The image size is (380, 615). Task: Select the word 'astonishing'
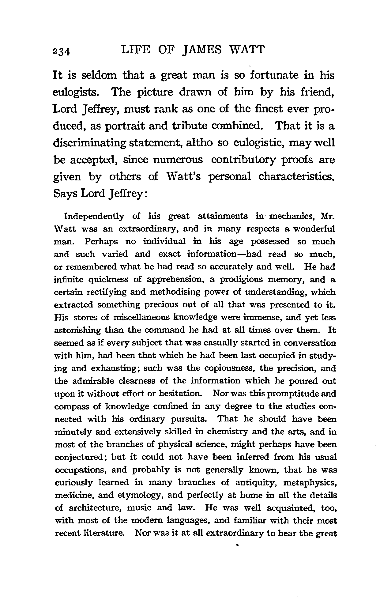tap(77, 330)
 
